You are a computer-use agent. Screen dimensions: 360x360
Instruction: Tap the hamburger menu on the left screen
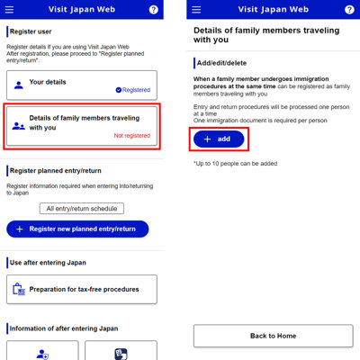click(9, 10)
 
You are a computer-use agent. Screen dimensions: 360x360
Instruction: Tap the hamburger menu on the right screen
click(196, 10)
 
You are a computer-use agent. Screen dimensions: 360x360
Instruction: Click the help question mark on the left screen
click(154, 10)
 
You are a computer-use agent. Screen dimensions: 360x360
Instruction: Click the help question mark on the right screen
click(349, 10)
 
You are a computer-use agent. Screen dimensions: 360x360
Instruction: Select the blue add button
click(219, 139)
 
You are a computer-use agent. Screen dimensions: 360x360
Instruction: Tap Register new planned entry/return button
click(77, 229)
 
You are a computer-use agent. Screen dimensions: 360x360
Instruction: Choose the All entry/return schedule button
click(82, 209)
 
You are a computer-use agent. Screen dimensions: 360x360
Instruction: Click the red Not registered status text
click(132, 136)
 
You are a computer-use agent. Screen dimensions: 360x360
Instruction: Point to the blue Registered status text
click(133, 90)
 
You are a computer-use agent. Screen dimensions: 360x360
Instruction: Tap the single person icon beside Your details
click(19, 85)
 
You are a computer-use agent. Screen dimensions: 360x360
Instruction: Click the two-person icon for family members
click(19, 126)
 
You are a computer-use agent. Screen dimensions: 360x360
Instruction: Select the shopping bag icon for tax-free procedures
click(19, 289)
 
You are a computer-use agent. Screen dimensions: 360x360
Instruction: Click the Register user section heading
click(31, 31)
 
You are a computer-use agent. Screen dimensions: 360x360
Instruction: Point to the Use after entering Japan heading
click(48, 263)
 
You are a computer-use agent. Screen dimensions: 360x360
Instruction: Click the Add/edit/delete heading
click(221, 63)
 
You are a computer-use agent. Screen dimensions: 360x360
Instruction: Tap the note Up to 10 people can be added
click(235, 164)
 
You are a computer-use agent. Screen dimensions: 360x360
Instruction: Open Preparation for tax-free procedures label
click(84, 289)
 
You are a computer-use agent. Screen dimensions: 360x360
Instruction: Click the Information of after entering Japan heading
click(64, 328)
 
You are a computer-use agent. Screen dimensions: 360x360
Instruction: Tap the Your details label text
click(48, 82)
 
